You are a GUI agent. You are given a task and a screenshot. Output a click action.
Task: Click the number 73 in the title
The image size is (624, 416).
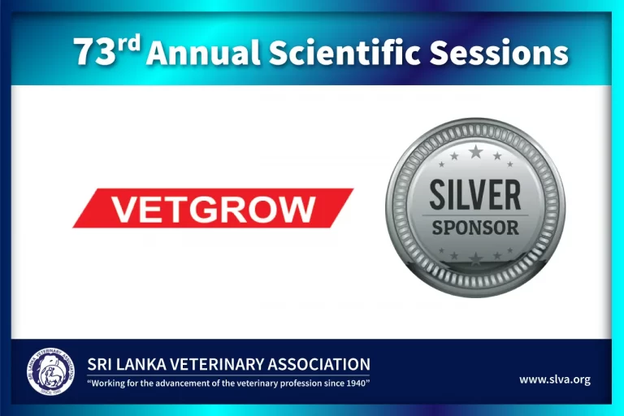pyautogui.click(x=92, y=54)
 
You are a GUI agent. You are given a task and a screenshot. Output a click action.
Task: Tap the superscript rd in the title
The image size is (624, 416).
pyautogui.click(x=128, y=45)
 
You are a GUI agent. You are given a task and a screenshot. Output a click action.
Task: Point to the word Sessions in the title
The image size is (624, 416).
pyautogui.click(x=499, y=54)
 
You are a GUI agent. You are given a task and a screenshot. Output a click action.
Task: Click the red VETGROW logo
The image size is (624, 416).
pyautogui.click(x=213, y=208)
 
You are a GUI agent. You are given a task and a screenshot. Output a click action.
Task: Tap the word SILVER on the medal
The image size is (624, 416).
pyautogui.click(x=475, y=195)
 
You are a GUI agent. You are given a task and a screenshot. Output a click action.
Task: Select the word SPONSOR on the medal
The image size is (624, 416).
pyautogui.click(x=475, y=227)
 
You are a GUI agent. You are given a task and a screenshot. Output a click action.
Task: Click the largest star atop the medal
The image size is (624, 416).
pyautogui.click(x=475, y=152)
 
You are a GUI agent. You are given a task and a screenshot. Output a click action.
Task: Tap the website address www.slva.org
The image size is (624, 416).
pyautogui.click(x=555, y=379)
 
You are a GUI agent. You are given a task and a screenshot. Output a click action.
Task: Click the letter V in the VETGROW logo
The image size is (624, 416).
pyautogui.click(x=122, y=209)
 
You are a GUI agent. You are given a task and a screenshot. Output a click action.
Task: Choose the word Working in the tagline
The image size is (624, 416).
pyautogui.click(x=107, y=382)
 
